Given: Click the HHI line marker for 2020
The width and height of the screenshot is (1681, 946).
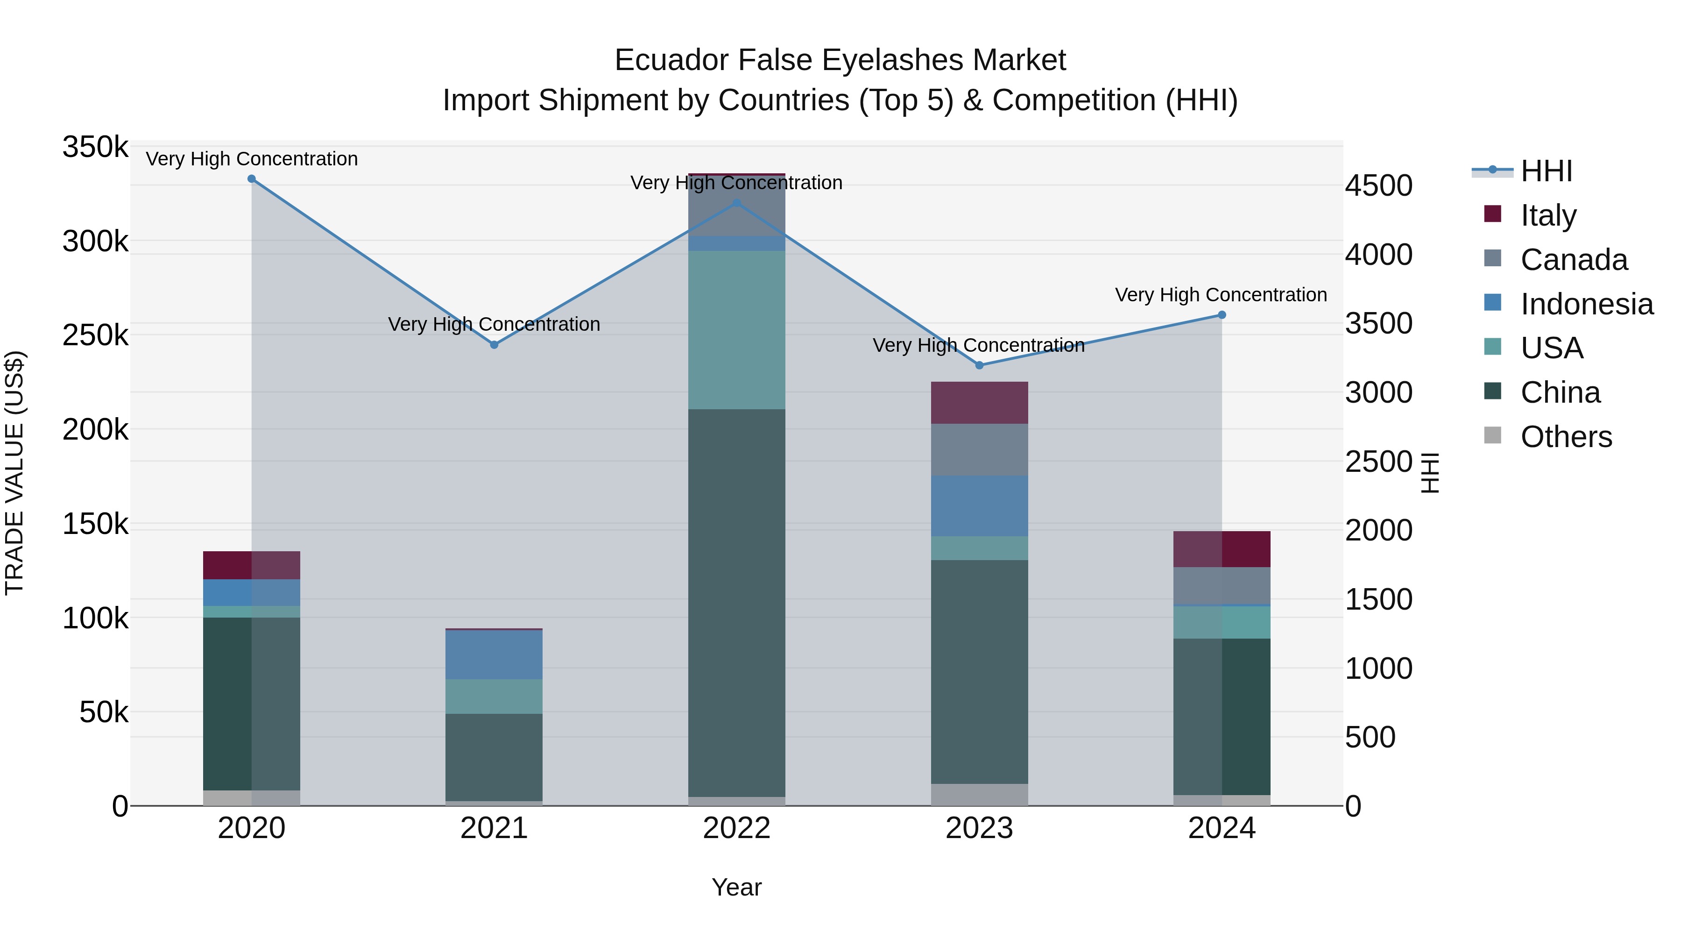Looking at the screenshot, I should pyautogui.click(x=251, y=179).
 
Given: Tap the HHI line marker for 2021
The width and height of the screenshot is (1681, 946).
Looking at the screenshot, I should pyautogui.click(x=494, y=345).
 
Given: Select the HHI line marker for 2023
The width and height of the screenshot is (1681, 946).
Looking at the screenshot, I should pyautogui.click(x=979, y=366).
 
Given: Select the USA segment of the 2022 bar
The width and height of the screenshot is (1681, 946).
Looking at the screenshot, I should pyautogui.click(x=737, y=330).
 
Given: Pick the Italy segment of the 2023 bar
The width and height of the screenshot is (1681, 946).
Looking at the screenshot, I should pyautogui.click(x=979, y=403).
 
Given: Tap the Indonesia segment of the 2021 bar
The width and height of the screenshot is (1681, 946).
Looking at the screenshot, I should pyautogui.click(x=494, y=654).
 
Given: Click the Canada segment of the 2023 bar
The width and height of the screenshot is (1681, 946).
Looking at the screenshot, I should pyautogui.click(x=979, y=450).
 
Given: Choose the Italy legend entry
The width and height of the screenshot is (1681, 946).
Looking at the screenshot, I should pyautogui.click(x=1548, y=215).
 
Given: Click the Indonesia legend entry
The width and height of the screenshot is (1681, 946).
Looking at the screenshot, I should pyautogui.click(x=1586, y=304).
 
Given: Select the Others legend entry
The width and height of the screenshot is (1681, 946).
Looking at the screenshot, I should pyautogui.click(x=1566, y=437).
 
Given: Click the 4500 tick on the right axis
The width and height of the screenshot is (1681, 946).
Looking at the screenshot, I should pyautogui.click(x=1378, y=185).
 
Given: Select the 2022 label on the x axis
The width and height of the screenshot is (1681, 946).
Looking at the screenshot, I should pyautogui.click(x=737, y=828).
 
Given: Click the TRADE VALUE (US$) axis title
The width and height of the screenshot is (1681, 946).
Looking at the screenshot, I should pyautogui.click(x=15, y=473).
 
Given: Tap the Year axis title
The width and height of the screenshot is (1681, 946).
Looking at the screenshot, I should pyautogui.click(x=737, y=887).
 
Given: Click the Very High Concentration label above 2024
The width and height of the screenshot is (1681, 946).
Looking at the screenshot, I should pyautogui.click(x=1221, y=295).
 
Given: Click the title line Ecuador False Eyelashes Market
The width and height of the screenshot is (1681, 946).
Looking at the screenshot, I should pyautogui.click(x=840, y=60).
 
